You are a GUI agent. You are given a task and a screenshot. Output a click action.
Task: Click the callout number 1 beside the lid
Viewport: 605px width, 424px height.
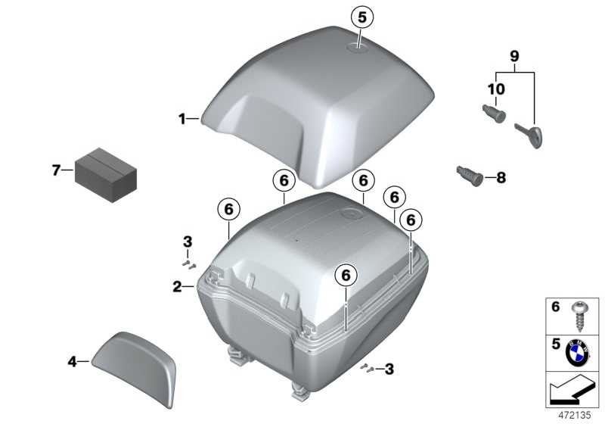pyautogui.click(x=181, y=118)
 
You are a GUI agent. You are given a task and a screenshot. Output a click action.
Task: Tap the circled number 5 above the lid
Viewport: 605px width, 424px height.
pyautogui.click(x=361, y=16)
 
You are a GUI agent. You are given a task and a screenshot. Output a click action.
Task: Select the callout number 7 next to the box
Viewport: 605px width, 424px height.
pyautogui.click(x=56, y=170)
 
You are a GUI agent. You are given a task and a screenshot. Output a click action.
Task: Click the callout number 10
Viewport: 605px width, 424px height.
pyautogui.click(x=495, y=89)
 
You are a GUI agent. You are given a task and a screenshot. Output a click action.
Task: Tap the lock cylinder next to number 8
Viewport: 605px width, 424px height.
pyautogui.click(x=468, y=174)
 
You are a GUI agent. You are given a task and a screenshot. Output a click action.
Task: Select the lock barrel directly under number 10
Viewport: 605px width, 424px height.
pyautogui.click(x=495, y=116)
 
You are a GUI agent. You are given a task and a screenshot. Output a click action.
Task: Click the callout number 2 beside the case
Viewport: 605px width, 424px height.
pyautogui.click(x=176, y=286)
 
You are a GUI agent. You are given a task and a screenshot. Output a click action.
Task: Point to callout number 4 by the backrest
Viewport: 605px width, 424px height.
pyautogui.click(x=73, y=362)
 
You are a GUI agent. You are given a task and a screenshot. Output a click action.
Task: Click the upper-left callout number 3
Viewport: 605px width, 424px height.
pyautogui.click(x=188, y=242)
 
